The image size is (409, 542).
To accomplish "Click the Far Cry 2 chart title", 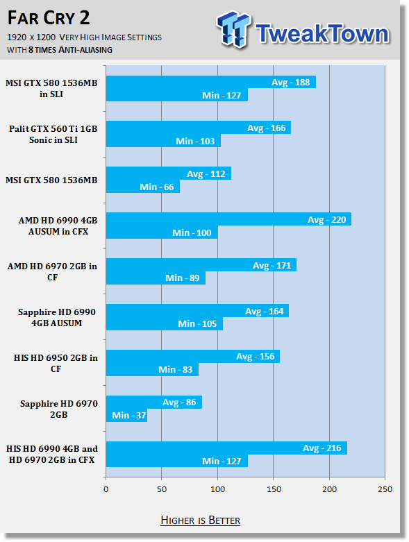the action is pyautogui.click(x=49, y=18).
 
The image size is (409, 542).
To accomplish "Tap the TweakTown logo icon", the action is pyautogui.click(x=233, y=29).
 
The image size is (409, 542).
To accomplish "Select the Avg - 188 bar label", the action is pyautogui.click(x=290, y=83).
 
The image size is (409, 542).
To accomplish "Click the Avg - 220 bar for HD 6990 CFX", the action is pyautogui.click(x=228, y=219).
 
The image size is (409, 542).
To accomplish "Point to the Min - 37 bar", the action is pyautogui.click(x=126, y=416).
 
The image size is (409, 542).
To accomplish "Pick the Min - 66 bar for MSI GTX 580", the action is pyautogui.click(x=143, y=187).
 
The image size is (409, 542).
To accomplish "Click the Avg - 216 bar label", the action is pyautogui.click(x=322, y=448).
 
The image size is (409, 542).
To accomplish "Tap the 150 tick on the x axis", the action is pyautogui.click(x=274, y=489).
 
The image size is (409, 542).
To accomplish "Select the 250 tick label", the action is pyautogui.click(x=385, y=489).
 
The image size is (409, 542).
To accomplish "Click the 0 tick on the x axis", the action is pyautogui.click(x=106, y=489).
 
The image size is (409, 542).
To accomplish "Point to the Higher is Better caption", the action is pyautogui.click(x=200, y=520).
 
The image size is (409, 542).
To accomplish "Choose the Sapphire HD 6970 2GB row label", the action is pyautogui.click(x=58, y=409).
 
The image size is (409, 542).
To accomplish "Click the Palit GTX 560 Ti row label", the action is pyautogui.click(x=53, y=134).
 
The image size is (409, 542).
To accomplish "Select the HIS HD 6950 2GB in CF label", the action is pyautogui.click(x=56, y=363).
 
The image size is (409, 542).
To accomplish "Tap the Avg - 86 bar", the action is pyautogui.click(x=154, y=403).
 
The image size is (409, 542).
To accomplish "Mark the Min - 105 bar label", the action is pyautogui.click(x=197, y=323).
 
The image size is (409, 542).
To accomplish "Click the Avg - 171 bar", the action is pyautogui.click(x=201, y=265).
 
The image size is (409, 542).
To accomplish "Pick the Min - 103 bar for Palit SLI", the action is pyautogui.click(x=163, y=141).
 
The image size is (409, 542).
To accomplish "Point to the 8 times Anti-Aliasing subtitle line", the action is pyautogui.click(x=60, y=50).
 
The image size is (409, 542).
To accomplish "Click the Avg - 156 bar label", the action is pyautogui.click(x=255, y=357).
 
